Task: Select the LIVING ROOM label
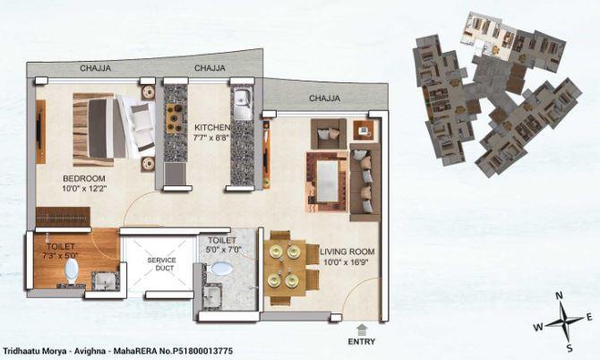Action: (x=347, y=251)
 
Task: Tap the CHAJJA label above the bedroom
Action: (x=96, y=67)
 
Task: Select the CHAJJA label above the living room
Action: (x=324, y=98)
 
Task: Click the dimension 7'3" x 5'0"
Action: (x=56, y=257)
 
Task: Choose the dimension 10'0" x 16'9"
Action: (x=347, y=262)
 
